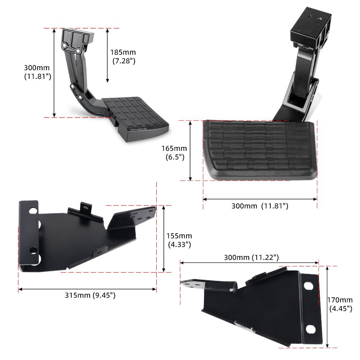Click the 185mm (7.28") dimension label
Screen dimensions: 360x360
click(x=123, y=57)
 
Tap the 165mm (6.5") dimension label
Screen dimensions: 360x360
click(x=174, y=153)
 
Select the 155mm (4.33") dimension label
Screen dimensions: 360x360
click(x=179, y=240)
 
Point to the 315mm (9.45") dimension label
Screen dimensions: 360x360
click(x=90, y=295)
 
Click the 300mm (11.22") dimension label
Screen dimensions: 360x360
click(x=251, y=257)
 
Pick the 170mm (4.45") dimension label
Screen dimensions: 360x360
click(x=340, y=304)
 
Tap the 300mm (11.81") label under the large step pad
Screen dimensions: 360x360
click(x=260, y=206)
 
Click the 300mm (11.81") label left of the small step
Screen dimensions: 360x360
click(x=37, y=72)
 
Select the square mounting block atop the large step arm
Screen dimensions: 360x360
click(x=311, y=27)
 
